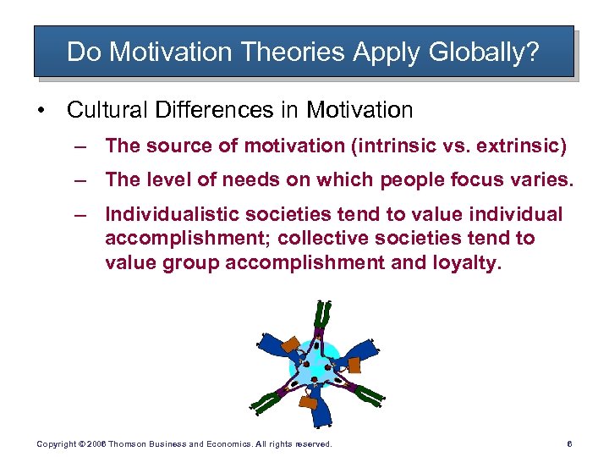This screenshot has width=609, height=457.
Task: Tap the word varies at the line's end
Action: tap(541, 180)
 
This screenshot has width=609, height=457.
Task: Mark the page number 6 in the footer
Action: tap(571, 444)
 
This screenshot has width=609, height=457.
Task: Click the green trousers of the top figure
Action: tap(321, 314)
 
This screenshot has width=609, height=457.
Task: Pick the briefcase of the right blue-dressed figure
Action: tap(354, 365)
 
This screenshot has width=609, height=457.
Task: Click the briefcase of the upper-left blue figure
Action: tap(289, 345)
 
